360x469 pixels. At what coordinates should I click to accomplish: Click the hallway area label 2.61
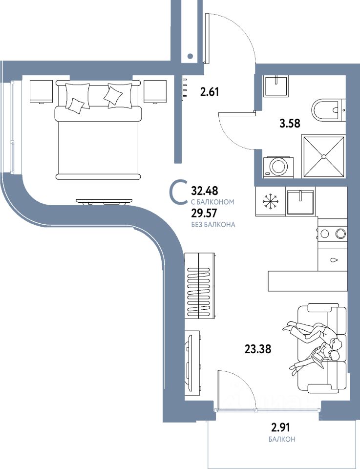point(210,92)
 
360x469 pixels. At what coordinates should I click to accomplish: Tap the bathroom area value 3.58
point(290,123)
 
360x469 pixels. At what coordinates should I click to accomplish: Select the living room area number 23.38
point(258,349)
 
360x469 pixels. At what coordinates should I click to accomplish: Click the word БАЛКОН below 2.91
point(282,439)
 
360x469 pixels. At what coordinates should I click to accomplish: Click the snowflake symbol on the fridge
point(270,202)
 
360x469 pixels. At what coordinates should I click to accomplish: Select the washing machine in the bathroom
point(278,167)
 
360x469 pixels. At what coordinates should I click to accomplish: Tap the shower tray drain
point(323,156)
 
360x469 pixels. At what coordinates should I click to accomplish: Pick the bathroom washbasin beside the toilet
point(275,86)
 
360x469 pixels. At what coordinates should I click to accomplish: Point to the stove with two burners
point(333,234)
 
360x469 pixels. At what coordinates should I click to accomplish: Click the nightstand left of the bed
point(42,91)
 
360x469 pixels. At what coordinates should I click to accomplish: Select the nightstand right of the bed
point(155,91)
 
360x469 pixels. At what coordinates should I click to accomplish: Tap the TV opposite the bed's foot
point(104,202)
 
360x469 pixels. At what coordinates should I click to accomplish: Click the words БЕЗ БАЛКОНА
point(213,225)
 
